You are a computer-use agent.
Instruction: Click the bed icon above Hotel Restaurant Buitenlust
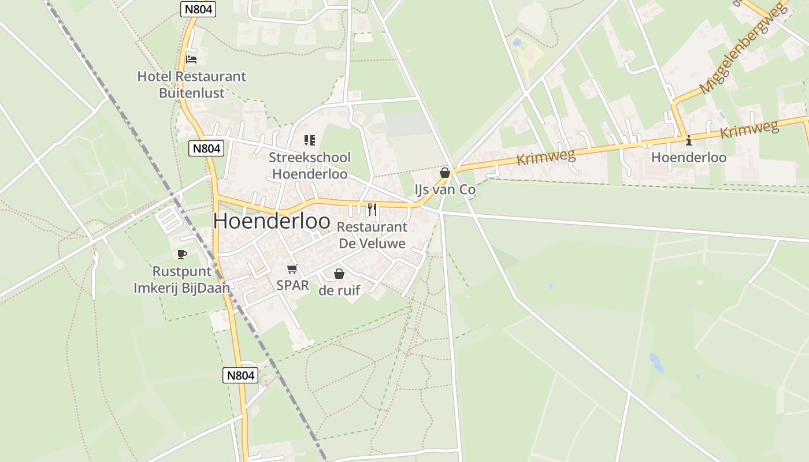tap(191, 59)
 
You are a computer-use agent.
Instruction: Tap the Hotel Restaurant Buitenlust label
tap(191, 84)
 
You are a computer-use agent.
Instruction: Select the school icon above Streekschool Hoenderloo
tap(310, 140)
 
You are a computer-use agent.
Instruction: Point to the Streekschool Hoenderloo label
tap(310, 166)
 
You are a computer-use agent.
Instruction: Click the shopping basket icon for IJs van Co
tap(444, 173)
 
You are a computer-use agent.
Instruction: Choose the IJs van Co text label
tap(445, 190)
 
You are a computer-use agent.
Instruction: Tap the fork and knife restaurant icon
tap(372, 209)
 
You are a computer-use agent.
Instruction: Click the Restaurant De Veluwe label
tap(372, 235)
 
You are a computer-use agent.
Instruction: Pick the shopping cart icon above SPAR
tap(292, 269)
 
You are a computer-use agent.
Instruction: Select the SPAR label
tap(292, 285)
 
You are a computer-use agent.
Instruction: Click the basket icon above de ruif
tap(339, 274)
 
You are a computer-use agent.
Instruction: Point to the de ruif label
tap(339, 290)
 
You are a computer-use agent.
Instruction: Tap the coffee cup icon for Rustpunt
tap(182, 254)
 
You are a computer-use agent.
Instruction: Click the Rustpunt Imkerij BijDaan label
tap(182, 280)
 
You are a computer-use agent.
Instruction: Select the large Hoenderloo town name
tap(272, 221)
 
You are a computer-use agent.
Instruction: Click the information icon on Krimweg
tap(688, 140)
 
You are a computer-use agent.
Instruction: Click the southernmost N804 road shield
tap(240, 375)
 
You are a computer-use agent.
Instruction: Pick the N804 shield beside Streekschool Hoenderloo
tap(206, 148)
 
